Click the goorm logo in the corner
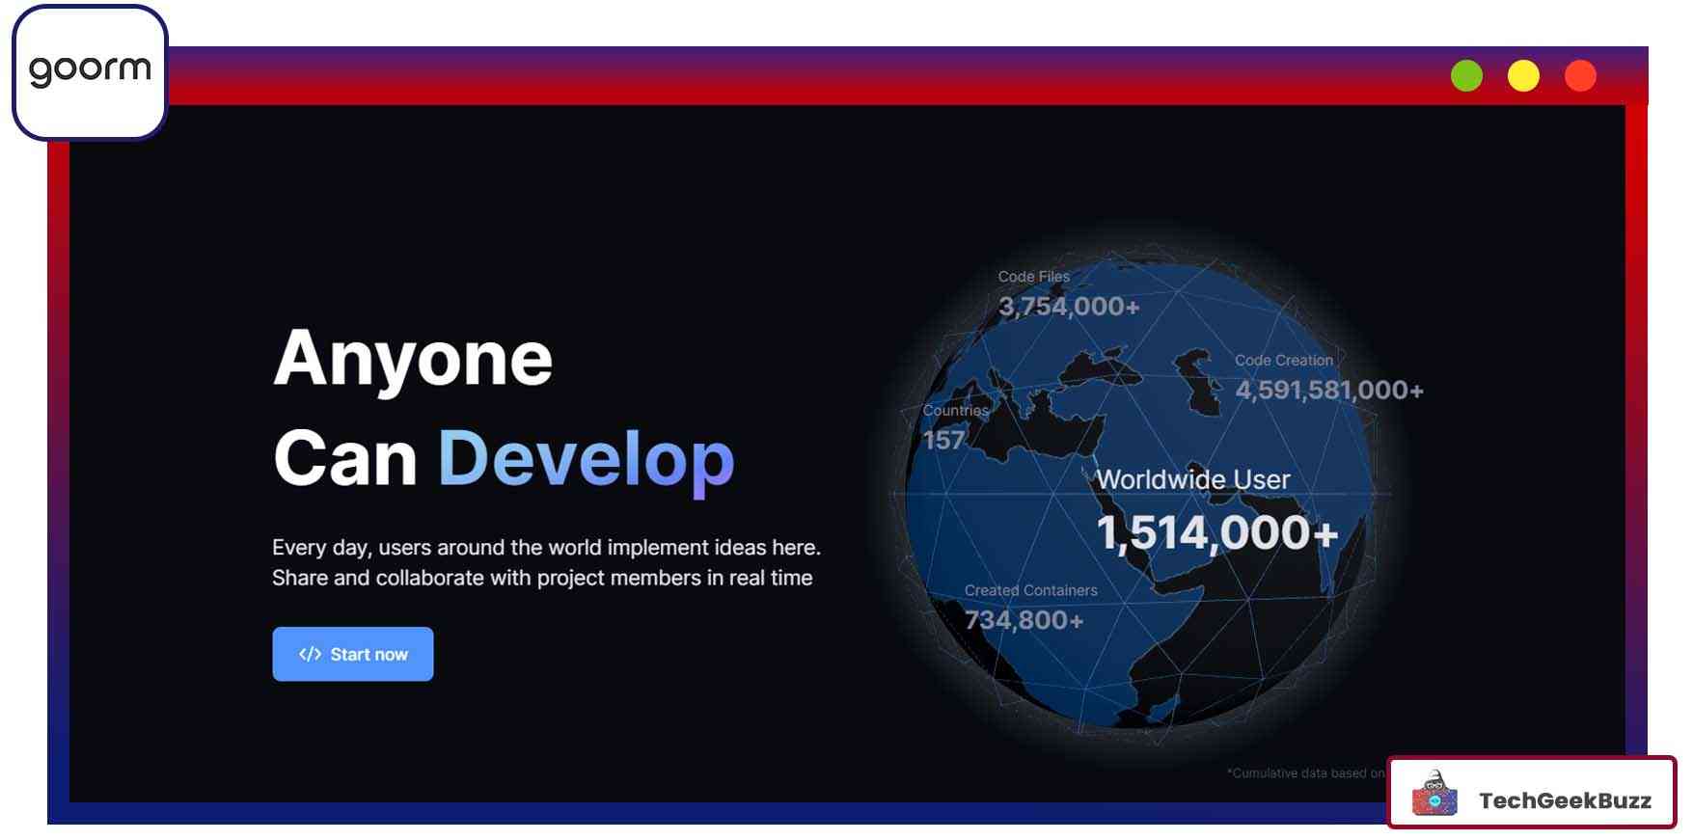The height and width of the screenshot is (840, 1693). click(90, 71)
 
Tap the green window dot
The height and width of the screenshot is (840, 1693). click(1466, 75)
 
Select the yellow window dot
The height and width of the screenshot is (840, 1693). click(1523, 75)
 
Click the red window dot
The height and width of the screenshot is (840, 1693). click(1580, 75)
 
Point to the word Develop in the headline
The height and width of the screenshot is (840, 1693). click(587, 460)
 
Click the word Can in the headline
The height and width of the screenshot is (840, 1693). click(344, 458)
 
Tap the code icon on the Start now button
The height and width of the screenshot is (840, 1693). click(310, 654)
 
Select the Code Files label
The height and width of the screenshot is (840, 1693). click(1033, 277)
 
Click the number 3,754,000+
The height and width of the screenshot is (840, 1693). click(1069, 307)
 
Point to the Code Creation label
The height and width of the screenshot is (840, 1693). click(1284, 361)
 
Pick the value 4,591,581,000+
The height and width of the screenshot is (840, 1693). click(1329, 390)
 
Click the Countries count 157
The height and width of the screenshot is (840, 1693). click(943, 440)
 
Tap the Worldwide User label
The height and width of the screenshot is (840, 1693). click(1193, 479)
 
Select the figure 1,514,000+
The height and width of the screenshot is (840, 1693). click(1217, 532)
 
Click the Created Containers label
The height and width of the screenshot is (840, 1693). click(1030, 590)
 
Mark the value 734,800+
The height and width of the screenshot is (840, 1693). click(1024, 620)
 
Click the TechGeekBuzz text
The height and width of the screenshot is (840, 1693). click(1565, 800)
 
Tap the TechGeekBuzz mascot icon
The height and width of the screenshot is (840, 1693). click(1435, 793)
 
